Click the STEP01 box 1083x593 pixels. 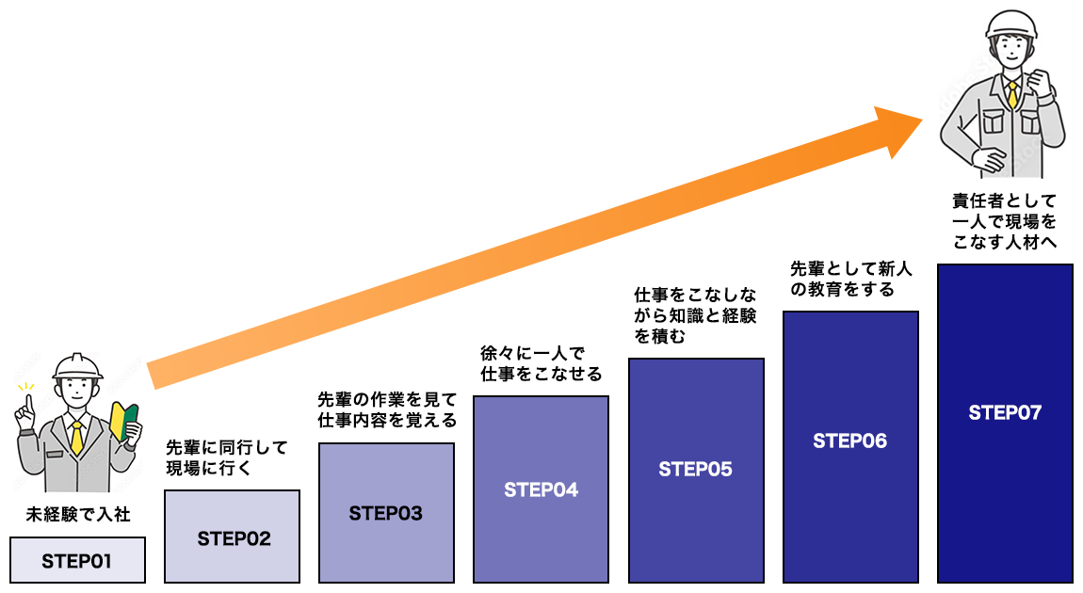pos(77,560)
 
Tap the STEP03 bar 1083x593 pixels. pos(386,513)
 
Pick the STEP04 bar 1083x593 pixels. pos(541,489)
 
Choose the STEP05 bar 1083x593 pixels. pos(696,470)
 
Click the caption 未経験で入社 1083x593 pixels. pos(78,515)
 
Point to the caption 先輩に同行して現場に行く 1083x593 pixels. pos(227,457)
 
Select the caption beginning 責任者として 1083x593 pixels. pos(1005,221)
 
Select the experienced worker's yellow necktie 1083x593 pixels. pos(1012,94)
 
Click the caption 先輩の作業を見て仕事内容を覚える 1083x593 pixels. pos(386,410)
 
